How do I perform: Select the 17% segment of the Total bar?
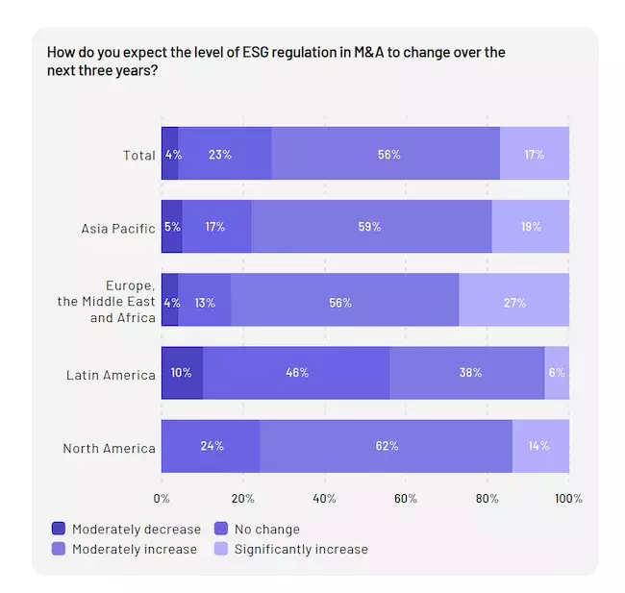pyautogui.click(x=535, y=154)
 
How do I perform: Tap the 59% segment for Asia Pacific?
pyautogui.click(x=371, y=227)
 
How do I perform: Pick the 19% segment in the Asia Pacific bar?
pyautogui.click(x=530, y=227)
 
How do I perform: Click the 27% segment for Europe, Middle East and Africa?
pyautogui.click(x=513, y=302)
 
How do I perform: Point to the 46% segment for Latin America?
pyautogui.click(x=296, y=373)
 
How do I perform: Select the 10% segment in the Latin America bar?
pyautogui.click(x=182, y=373)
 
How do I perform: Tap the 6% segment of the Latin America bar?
pyautogui.click(x=557, y=373)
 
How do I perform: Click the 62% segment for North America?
pyautogui.click(x=386, y=446)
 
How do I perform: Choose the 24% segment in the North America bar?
pyautogui.click(x=211, y=446)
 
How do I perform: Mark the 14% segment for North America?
pyautogui.click(x=540, y=446)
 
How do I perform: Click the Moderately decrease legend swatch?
pyautogui.click(x=59, y=529)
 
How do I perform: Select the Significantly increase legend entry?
pyautogui.click(x=301, y=550)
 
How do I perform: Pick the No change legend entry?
pyautogui.click(x=266, y=529)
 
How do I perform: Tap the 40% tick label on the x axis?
pyautogui.click(x=324, y=498)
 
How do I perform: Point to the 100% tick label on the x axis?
pyautogui.click(x=568, y=498)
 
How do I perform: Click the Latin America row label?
pyautogui.click(x=111, y=375)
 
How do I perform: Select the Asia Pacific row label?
pyautogui.click(x=118, y=229)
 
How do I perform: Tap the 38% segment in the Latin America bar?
pyautogui.click(x=470, y=373)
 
